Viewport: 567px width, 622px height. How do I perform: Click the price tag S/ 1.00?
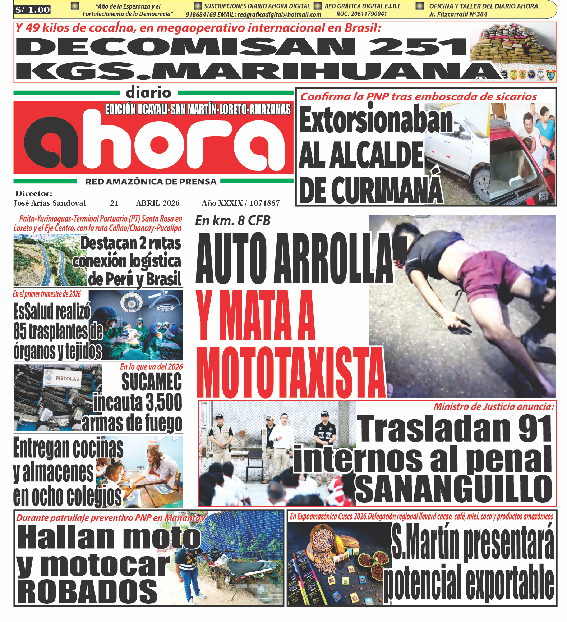(x=32, y=10)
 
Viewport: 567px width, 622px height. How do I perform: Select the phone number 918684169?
(x=201, y=15)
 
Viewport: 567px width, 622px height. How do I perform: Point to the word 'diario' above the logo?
(x=148, y=93)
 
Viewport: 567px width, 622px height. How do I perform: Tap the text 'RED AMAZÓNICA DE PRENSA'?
(x=151, y=182)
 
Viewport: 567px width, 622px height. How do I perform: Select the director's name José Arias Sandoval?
(x=50, y=203)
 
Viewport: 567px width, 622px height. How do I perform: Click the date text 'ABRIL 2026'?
(x=157, y=203)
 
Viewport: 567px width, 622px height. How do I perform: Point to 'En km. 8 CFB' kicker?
(x=232, y=221)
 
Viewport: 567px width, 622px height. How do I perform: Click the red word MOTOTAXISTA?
(x=291, y=374)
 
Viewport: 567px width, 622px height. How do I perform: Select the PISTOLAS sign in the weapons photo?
(x=67, y=379)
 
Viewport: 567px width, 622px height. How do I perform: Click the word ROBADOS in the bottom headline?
(x=87, y=592)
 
